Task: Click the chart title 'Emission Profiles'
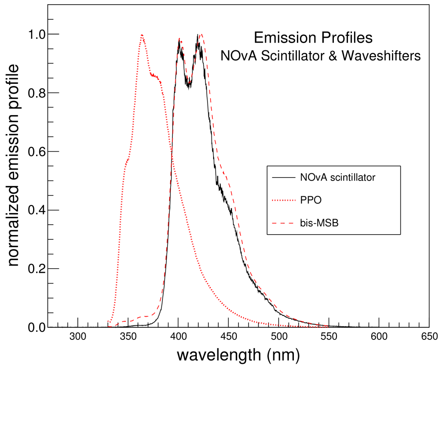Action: (313, 38)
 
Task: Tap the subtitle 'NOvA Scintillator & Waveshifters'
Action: (321, 56)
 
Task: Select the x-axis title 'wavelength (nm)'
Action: (238, 355)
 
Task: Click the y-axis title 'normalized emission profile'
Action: (14, 165)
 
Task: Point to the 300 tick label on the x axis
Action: (78, 336)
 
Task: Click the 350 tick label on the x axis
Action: (128, 336)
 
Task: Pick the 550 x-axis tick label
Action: (329, 336)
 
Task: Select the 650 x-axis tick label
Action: (429, 336)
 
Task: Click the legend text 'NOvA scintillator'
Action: (338, 177)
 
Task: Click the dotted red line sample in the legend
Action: (284, 200)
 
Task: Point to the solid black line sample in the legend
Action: (284, 177)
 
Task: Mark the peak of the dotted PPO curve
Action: (141, 35)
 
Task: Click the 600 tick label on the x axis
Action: (379, 336)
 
